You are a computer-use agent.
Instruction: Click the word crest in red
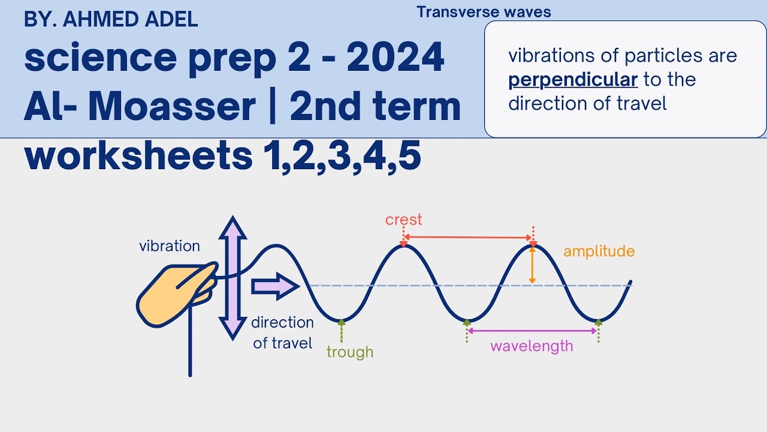pyautogui.click(x=403, y=220)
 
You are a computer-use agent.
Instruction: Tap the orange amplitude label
pyautogui.click(x=599, y=251)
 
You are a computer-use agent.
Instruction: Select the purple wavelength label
pyautogui.click(x=532, y=346)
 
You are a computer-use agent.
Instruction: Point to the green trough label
pyautogui.click(x=350, y=352)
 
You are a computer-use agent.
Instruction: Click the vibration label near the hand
pyautogui.click(x=170, y=246)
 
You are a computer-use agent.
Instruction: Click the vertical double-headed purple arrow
pyautogui.click(x=232, y=278)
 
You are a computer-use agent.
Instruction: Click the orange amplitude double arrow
pyautogui.click(x=532, y=266)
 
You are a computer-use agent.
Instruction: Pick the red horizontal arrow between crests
pyautogui.click(x=468, y=238)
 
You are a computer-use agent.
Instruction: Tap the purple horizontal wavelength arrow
pyautogui.click(x=532, y=331)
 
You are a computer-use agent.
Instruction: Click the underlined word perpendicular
pyautogui.click(x=573, y=79)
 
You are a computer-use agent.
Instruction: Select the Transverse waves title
pyautogui.click(x=484, y=12)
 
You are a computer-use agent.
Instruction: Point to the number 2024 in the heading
pyautogui.click(x=395, y=58)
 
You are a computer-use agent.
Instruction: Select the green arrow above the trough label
pyautogui.click(x=342, y=331)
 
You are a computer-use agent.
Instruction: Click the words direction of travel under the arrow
pyautogui.click(x=283, y=333)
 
